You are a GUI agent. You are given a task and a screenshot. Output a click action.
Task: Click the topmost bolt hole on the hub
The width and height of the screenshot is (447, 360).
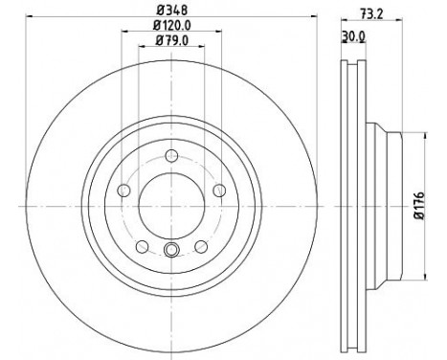point(170,158)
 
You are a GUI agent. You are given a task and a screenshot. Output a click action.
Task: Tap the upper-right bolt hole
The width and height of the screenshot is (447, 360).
point(217,191)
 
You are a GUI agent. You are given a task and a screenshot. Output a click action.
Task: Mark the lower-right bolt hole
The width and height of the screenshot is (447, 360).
point(199,246)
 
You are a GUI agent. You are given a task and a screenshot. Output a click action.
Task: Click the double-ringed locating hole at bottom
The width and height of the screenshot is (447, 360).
point(170,252)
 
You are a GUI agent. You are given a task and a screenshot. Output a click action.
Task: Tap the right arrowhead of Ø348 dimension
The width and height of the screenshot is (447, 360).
point(315,22)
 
